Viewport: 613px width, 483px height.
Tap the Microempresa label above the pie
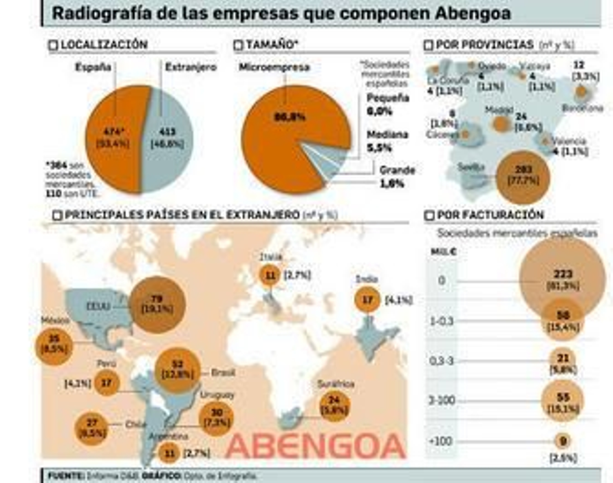pyautogui.click(x=274, y=67)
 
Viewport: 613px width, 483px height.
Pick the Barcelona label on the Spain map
pyautogui.click(x=582, y=108)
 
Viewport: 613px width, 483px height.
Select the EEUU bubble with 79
pyautogui.click(x=157, y=305)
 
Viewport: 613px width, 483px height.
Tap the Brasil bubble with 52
pyautogui.click(x=177, y=370)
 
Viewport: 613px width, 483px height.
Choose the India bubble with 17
pyautogui.click(x=367, y=300)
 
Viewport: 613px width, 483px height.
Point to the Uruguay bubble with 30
pyautogui.click(x=216, y=418)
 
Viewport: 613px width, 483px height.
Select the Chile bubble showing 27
pyautogui.click(x=92, y=428)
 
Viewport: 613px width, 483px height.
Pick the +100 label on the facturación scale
pyautogui.click(x=440, y=441)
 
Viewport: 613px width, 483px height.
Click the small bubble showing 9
pyautogui.click(x=562, y=441)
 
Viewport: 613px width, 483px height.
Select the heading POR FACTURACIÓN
pyautogui.click(x=490, y=215)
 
